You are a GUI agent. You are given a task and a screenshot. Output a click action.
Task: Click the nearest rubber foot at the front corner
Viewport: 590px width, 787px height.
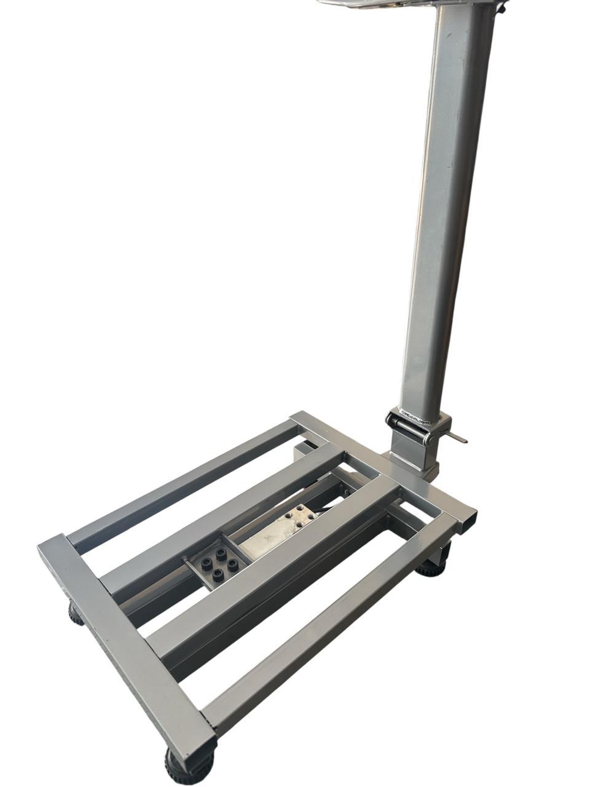tap(187, 765)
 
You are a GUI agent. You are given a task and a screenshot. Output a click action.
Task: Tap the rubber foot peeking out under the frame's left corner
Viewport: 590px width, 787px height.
tap(76, 614)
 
